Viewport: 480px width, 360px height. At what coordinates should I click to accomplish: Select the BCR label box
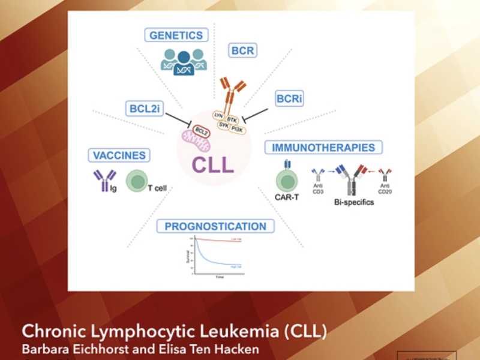pyautogui.click(x=242, y=51)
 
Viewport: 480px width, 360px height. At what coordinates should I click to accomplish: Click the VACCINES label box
pyautogui.click(x=119, y=155)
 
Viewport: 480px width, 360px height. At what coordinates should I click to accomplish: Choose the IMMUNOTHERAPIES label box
pyautogui.click(x=324, y=147)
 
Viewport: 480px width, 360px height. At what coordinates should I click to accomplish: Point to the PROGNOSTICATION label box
pyautogui.click(x=215, y=226)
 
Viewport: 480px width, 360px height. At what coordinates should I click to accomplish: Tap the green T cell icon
pyautogui.click(x=137, y=180)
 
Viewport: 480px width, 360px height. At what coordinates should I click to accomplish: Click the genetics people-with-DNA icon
pyautogui.click(x=184, y=61)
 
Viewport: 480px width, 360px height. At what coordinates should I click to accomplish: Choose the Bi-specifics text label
pyautogui.click(x=354, y=202)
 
